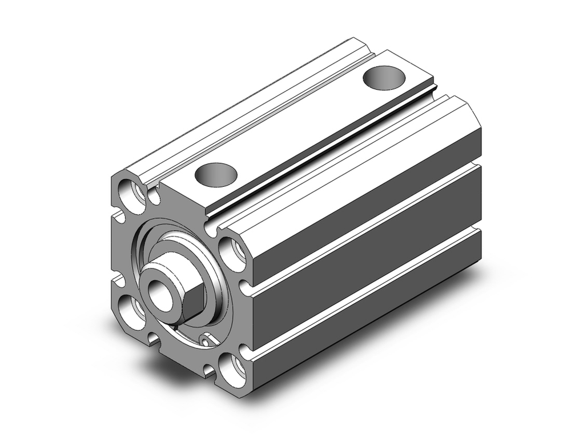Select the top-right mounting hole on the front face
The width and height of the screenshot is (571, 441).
pos(232,252)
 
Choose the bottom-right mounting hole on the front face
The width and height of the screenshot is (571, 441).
pos(232,368)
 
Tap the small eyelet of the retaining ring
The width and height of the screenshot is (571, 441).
pos(205,342)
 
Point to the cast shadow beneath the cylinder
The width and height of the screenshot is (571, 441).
pos(400,343)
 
